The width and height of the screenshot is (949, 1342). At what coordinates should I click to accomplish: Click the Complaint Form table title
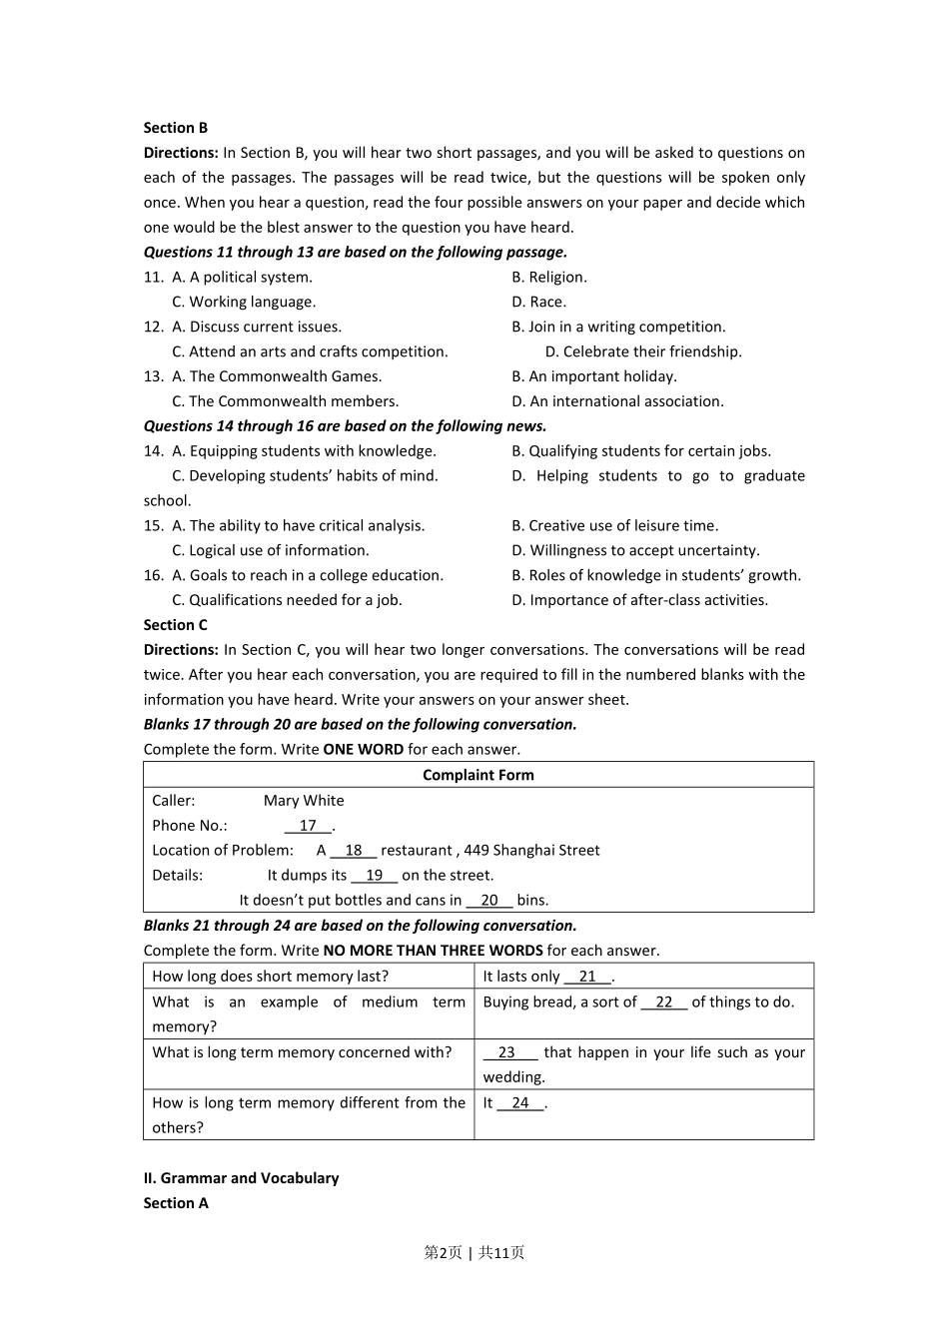point(477,775)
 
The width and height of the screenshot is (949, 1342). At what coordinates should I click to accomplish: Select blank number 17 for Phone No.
point(308,826)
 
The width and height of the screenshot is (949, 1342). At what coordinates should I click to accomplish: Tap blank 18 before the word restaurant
point(354,851)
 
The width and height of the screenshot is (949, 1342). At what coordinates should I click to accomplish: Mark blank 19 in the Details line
point(375,876)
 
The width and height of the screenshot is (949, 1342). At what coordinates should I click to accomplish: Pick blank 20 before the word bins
point(489,901)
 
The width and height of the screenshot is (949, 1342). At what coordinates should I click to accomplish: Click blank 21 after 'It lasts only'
point(587,977)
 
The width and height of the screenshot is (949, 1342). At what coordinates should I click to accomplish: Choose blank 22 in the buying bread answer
point(664,1003)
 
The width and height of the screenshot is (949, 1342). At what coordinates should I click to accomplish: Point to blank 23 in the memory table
point(507,1052)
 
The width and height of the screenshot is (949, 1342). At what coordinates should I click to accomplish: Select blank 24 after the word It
point(520,1103)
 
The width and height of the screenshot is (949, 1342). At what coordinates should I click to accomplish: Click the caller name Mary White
point(304,801)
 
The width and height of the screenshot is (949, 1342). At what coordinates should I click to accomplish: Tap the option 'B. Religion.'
point(549,278)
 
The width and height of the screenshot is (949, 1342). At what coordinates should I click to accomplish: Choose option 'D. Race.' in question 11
point(538,303)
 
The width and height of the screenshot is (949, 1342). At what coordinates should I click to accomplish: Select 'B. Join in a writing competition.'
point(618,328)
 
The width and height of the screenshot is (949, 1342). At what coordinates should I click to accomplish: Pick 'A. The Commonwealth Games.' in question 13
point(277,376)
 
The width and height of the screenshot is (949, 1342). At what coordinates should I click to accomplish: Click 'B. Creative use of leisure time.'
point(614,526)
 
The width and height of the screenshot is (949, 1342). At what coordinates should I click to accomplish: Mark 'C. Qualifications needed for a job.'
point(287,600)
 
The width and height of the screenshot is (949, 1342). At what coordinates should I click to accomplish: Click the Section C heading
point(176,625)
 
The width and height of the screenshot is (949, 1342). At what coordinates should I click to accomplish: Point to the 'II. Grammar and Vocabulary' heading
point(241,1178)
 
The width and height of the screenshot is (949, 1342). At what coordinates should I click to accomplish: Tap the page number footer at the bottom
point(474,1253)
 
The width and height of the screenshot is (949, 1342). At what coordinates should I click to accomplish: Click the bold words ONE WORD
point(364,750)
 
